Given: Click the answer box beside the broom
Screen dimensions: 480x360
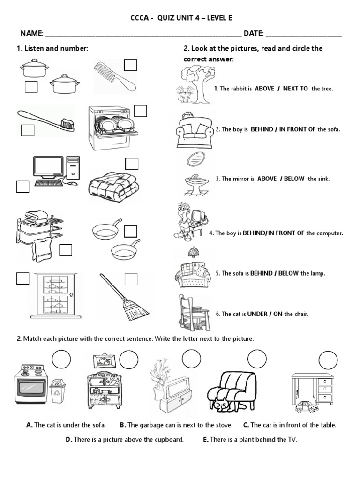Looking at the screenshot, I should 131,279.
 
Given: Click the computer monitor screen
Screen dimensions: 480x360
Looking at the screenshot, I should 48,167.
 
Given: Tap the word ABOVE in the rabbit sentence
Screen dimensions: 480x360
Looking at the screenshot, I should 264,88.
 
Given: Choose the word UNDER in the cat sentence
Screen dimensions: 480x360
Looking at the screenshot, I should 257,314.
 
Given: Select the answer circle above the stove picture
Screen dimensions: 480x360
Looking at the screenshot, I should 61,360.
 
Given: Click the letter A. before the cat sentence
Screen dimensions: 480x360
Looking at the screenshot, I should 30,425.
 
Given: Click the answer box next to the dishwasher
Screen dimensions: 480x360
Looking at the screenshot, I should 140,111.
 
